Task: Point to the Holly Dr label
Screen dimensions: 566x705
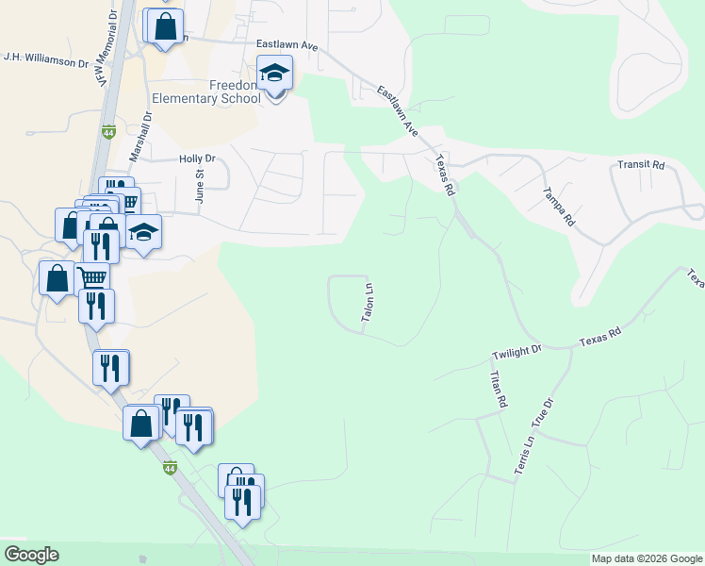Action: [197, 159]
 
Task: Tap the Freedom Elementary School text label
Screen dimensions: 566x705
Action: [205, 91]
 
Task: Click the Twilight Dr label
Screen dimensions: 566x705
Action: [517, 353]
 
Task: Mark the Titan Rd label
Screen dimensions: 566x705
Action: [497, 389]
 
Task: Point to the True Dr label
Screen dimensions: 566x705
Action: [546, 414]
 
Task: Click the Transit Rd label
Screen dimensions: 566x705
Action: [641, 165]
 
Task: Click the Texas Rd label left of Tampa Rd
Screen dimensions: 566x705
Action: [444, 175]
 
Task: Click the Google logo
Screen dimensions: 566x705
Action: [31, 555]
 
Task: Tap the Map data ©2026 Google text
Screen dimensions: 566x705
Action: [646, 559]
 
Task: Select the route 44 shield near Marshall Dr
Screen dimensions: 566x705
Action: [108, 133]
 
